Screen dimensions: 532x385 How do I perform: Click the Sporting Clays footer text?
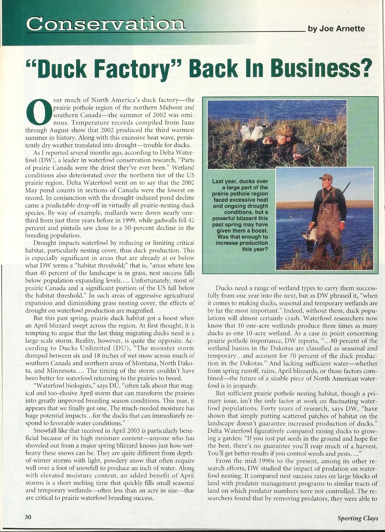click(x=357, y=518)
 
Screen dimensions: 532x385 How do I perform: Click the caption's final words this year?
click(x=255, y=249)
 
